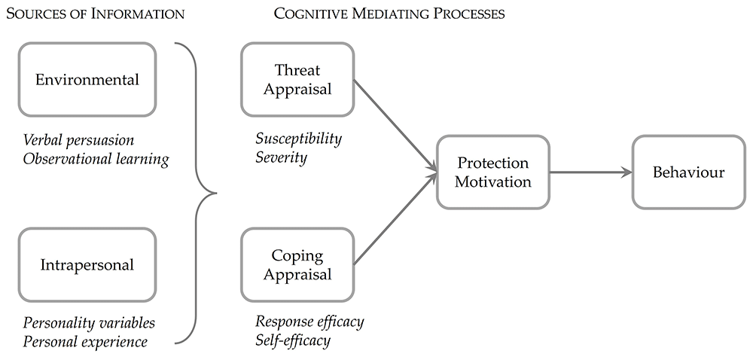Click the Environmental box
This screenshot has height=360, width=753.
tap(87, 79)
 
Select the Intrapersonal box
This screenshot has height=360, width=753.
tap(87, 265)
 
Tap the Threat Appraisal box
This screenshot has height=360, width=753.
tap(297, 79)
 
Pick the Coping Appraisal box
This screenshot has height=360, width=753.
tap(297, 265)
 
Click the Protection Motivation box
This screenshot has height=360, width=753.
tap(493, 172)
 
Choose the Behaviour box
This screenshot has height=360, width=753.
tap(689, 172)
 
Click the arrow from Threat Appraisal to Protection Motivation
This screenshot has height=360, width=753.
tap(395, 126)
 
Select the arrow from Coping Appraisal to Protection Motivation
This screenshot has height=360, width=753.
tap(395, 218)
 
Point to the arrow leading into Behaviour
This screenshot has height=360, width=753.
tap(590, 172)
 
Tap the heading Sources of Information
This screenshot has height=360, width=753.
tap(95, 14)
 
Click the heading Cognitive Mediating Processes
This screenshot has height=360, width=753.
tap(389, 14)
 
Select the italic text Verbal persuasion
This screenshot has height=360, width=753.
tap(79, 140)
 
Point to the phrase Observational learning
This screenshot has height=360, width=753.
tap(96, 160)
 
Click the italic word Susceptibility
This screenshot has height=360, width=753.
tap(299, 139)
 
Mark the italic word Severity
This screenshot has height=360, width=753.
tap(282, 157)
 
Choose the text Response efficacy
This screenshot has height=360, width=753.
tap(309, 322)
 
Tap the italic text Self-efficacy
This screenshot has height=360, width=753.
tap(293, 341)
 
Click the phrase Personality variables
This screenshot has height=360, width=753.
tap(90, 322)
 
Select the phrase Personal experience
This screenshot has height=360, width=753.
tap(86, 342)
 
